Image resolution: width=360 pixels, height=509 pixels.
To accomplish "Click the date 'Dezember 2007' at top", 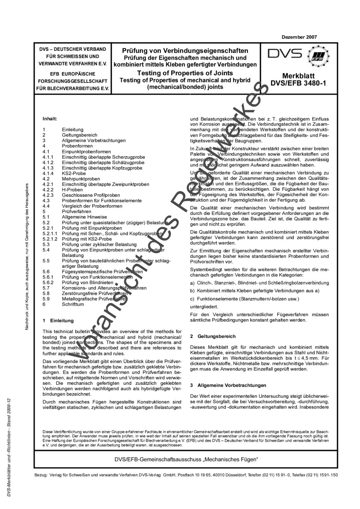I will pyautogui.click(x=299, y=37).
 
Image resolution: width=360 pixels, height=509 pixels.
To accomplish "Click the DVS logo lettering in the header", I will pyautogui.click(x=285, y=54).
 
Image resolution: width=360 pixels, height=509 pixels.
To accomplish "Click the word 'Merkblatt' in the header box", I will pyautogui.click(x=298, y=76).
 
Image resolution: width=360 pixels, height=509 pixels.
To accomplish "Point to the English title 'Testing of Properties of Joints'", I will pyautogui.click(x=185, y=73).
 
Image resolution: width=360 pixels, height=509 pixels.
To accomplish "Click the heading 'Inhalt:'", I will pyautogui.click(x=50, y=118).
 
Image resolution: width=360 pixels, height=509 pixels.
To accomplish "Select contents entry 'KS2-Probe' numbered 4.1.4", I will pyautogui.click(x=74, y=173).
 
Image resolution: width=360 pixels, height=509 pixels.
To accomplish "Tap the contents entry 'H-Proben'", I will pyautogui.click(x=72, y=190).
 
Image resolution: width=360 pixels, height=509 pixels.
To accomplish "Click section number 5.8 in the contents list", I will pyautogui.click(x=46, y=293).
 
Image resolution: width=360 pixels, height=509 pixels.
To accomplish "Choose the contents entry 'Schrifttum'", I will pyautogui.click(x=73, y=304).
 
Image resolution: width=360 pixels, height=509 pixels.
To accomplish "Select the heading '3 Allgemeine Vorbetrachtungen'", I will pyautogui.click(x=228, y=385).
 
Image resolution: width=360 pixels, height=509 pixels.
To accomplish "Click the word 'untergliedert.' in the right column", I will pyautogui.click(x=204, y=307).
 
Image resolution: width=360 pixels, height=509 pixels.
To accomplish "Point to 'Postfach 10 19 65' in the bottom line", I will pyautogui.click(x=194, y=475).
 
